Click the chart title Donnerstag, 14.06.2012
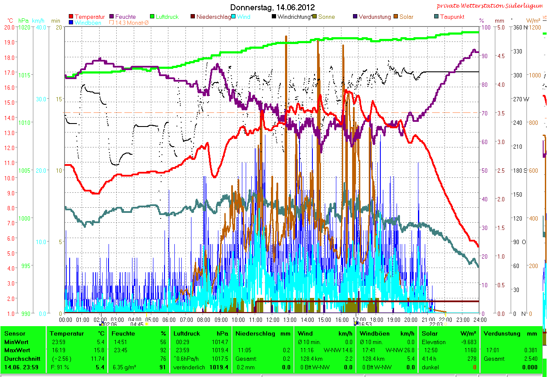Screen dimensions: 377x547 pos(272,7)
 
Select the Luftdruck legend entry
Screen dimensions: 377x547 pos(167,17)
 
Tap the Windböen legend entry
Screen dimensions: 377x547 pos(88,23)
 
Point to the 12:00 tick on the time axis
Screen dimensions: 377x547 pos(273,319)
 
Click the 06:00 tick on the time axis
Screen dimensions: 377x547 pos(169,319)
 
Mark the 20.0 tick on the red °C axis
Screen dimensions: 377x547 pos(9,27)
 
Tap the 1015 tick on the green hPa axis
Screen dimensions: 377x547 pos(24,75)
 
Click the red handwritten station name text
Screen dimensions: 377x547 pos(491,6)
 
